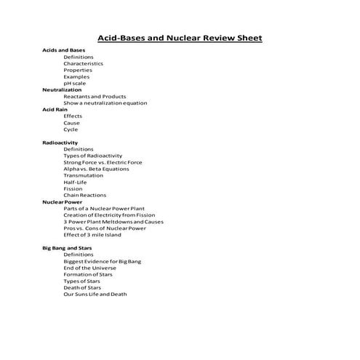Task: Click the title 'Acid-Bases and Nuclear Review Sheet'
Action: click(x=180, y=38)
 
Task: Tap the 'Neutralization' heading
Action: click(x=62, y=89)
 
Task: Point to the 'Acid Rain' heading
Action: click(x=55, y=109)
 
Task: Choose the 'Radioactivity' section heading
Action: click(x=60, y=143)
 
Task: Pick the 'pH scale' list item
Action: click(x=74, y=83)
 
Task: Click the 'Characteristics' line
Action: click(x=83, y=63)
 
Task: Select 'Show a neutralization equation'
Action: click(x=105, y=103)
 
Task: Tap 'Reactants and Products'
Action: click(x=95, y=96)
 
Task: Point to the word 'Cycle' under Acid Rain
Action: click(x=71, y=129)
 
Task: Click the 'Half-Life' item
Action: click(x=76, y=182)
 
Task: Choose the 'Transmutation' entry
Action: click(x=83, y=175)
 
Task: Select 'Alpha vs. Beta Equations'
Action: click(x=97, y=169)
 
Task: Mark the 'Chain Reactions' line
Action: click(x=84, y=195)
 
